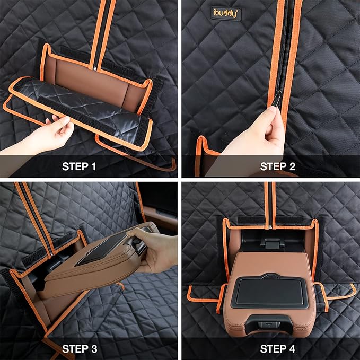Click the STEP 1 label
[x=79, y=166]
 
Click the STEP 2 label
[x=278, y=166]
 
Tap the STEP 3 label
[x=80, y=349]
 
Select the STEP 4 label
[x=278, y=349]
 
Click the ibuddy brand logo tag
[x=226, y=14]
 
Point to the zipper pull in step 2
[x=277, y=99]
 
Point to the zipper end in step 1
[x=94, y=68]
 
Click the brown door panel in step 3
[x=161, y=218]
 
